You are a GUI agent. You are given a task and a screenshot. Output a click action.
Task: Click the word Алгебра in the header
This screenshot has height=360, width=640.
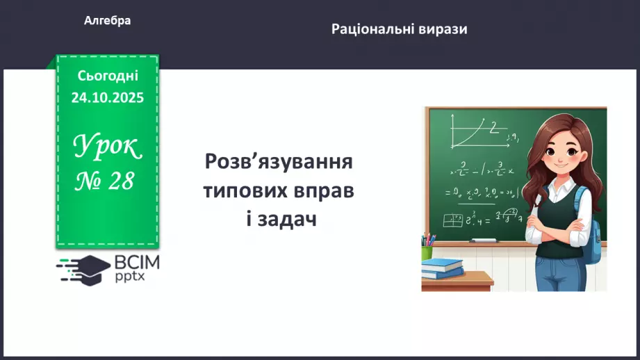point(107,21)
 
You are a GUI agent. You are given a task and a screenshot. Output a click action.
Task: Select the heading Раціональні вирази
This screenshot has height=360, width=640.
point(399,29)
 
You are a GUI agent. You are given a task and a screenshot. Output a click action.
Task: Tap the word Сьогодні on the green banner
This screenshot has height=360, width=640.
point(108,76)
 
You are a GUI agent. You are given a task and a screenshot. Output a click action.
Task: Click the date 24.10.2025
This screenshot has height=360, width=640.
point(108,97)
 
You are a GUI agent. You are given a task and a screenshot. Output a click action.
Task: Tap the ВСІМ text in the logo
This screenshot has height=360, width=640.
point(136,263)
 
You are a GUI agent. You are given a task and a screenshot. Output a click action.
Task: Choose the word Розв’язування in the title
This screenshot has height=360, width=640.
point(279,164)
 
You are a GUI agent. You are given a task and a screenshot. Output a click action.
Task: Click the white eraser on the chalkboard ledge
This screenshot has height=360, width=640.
point(484,240)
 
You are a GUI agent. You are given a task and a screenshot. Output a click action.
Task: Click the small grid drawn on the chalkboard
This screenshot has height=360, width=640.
point(453,220)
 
